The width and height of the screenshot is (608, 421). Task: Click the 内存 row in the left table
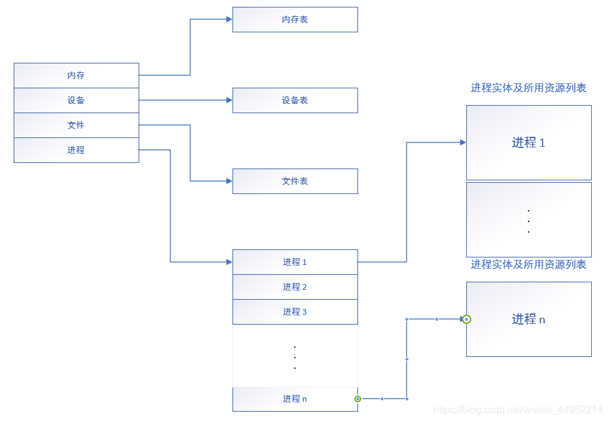tap(76, 75)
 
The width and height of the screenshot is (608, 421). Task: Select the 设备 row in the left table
tap(76, 100)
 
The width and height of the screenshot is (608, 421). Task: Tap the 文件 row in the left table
tap(76, 125)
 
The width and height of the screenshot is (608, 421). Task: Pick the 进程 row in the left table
tap(76, 150)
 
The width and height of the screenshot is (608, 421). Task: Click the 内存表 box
tap(295, 19)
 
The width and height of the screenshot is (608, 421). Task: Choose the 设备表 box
tap(295, 100)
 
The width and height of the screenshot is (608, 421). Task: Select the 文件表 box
tap(295, 181)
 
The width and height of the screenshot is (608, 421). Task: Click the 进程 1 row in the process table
tap(295, 262)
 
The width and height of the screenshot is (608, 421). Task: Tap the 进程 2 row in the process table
tap(295, 287)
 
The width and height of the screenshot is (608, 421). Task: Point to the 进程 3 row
tap(295, 312)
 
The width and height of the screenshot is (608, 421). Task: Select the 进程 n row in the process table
tap(295, 399)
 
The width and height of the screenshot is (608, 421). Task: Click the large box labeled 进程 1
tap(528, 142)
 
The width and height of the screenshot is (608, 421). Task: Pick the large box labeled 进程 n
tap(528, 319)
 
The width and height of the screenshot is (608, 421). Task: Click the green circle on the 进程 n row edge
tap(357, 399)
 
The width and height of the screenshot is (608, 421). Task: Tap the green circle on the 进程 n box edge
tap(467, 319)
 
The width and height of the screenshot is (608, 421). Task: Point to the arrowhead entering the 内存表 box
tap(229, 19)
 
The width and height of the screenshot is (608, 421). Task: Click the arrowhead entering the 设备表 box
tap(229, 100)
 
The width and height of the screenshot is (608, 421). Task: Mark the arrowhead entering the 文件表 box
tap(229, 181)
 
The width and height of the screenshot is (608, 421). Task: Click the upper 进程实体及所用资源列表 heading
tap(528, 88)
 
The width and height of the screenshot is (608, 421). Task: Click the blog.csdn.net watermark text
tap(517, 410)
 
